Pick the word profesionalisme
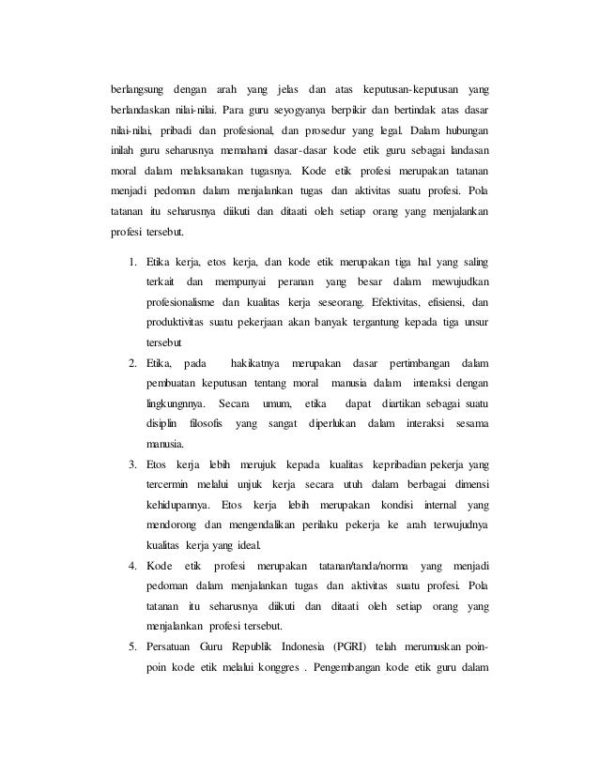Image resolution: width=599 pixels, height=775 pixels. click(185, 302)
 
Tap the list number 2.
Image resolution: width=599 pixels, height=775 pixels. click(133, 362)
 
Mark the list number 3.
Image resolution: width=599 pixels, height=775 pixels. click(133, 464)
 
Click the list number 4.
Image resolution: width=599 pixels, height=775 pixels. click(133, 566)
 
